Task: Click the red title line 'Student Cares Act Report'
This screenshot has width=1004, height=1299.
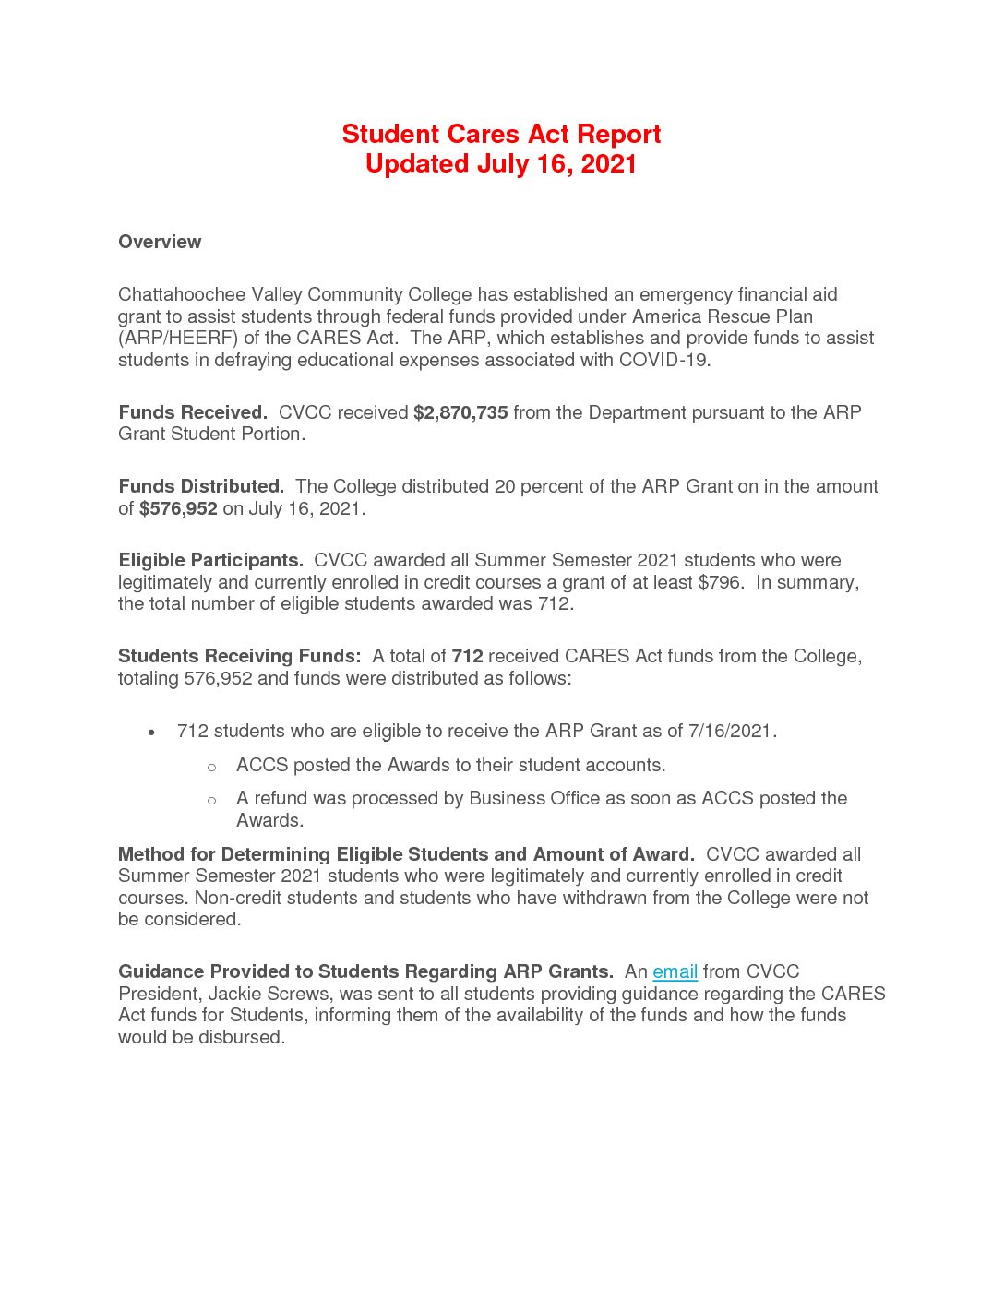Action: pyautogui.click(x=501, y=135)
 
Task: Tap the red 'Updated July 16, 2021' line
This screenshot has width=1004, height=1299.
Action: pyautogui.click(x=501, y=164)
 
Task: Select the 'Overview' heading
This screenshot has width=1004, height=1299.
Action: pyautogui.click(x=160, y=242)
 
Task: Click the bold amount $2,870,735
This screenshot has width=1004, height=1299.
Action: pyautogui.click(x=460, y=412)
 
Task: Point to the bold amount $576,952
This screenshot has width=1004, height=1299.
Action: pyautogui.click(x=178, y=508)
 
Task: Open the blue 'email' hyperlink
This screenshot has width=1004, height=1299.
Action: pyautogui.click(x=675, y=971)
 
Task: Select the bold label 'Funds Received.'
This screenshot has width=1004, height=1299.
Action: pyautogui.click(x=193, y=412)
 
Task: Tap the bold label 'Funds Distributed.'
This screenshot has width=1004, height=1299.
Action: pyautogui.click(x=201, y=486)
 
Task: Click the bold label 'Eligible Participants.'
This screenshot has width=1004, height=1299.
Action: pyautogui.click(x=210, y=560)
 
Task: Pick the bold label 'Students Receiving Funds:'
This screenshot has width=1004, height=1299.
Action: pyautogui.click(x=239, y=656)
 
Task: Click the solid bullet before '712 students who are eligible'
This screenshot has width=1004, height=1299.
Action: pyautogui.click(x=151, y=733)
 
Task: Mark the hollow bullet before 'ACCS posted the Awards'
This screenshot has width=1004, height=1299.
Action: pyautogui.click(x=211, y=767)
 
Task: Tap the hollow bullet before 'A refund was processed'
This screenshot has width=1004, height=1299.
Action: pyautogui.click(x=211, y=800)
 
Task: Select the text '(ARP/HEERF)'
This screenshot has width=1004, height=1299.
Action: pyautogui.click(x=177, y=338)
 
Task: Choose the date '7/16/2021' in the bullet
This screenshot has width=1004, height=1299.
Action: pyautogui.click(x=730, y=731)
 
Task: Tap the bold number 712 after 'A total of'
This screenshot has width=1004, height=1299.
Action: pyautogui.click(x=467, y=656)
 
